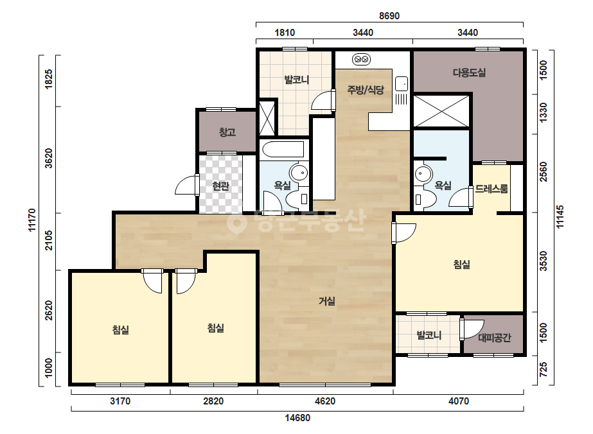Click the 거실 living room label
[327, 301]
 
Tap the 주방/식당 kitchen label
[366, 90]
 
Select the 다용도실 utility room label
[470, 72]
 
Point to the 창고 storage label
[227, 132]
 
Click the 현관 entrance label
[220, 186]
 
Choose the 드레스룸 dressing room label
[491, 188]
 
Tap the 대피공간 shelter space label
[495, 338]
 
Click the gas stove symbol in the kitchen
[361, 59]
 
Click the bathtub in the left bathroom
[283, 150]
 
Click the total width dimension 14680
[297, 418]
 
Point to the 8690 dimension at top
[389, 16]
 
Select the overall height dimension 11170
[31, 220]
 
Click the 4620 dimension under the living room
[325, 401]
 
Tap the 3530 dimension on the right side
[543, 261]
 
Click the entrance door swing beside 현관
[186, 186]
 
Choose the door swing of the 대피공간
[472, 329]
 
